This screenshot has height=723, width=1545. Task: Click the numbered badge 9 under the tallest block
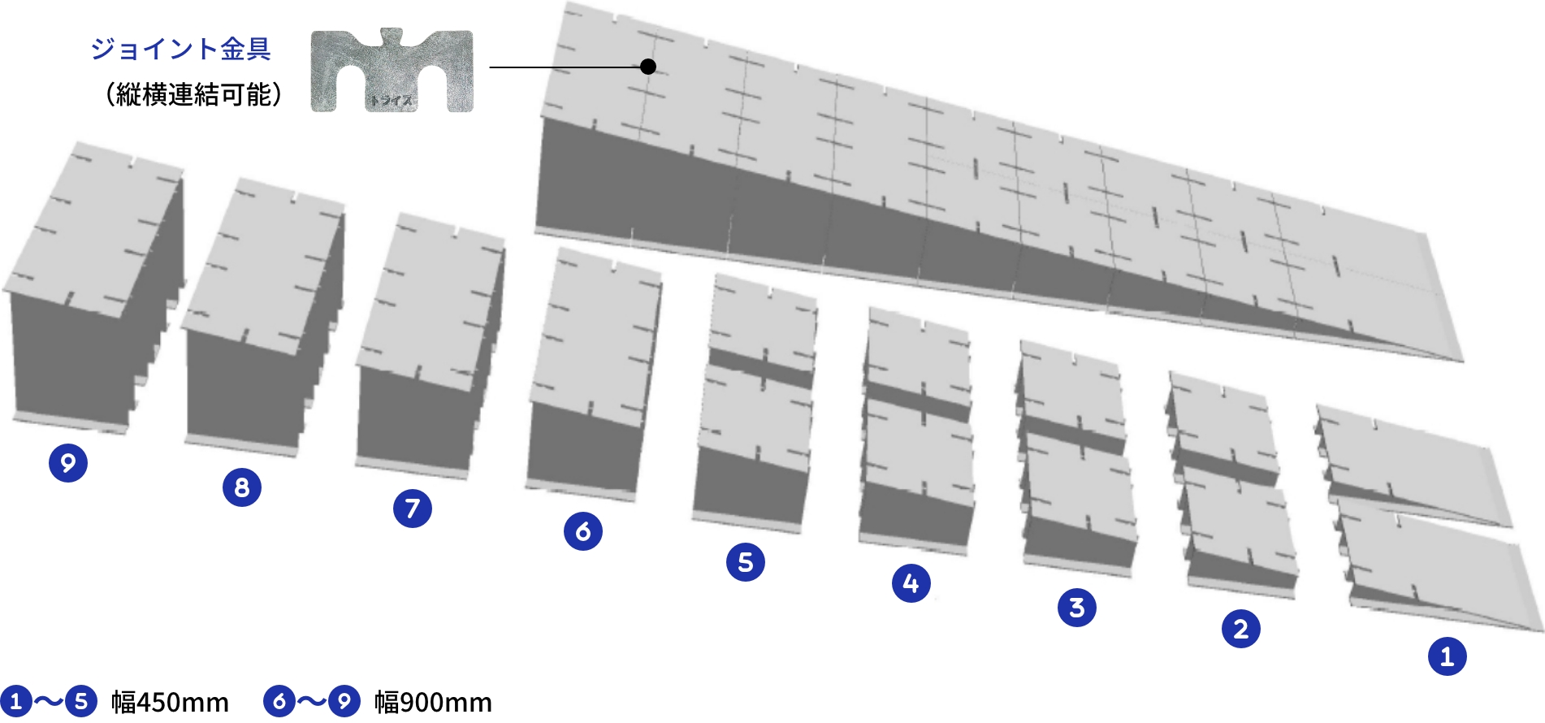(x=68, y=463)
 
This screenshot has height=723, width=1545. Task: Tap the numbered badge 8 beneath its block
(x=242, y=487)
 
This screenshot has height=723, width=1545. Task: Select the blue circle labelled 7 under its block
(x=413, y=509)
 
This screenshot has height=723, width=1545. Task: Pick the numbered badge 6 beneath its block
(x=583, y=531)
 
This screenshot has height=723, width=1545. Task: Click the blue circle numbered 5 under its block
(x=746, y=562)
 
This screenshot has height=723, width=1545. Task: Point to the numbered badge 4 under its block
(x=911, y=583)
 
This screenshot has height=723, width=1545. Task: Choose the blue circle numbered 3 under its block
(x=1077, y=608)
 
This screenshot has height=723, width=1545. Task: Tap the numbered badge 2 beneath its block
(x=1241, y=629)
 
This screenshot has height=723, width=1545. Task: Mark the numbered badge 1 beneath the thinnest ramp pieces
(x=1448, y=656)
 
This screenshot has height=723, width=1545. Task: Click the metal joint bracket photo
(x=392, y=71)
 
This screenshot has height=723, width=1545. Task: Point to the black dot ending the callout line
(x=648, y=67)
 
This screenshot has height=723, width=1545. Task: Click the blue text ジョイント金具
(x=180, y=49)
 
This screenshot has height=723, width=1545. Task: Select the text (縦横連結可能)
(x=194, y=95)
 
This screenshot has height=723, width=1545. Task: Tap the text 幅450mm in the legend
(x=170, y=702)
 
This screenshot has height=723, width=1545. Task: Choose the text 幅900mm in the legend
(x=433, y=702)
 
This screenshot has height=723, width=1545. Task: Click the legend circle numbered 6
(x=279, y=701)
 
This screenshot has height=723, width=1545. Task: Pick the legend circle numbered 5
(x=81, y=701)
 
